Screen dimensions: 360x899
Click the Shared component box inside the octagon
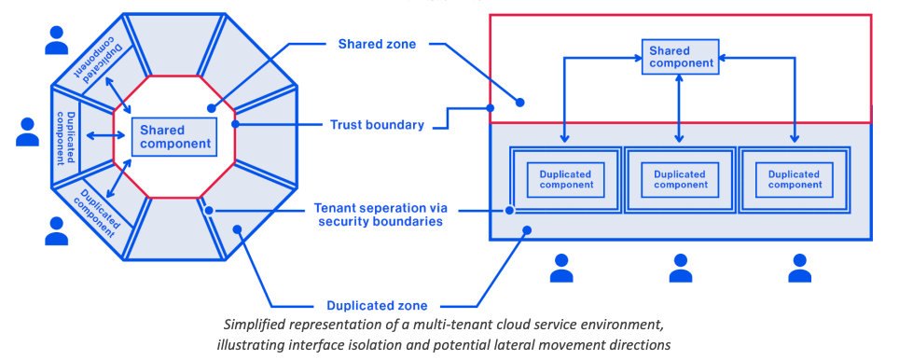point(173,137)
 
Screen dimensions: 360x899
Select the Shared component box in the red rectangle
point(680,57)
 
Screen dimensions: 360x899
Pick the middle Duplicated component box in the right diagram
point(680,178)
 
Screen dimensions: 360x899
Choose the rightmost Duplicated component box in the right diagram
point(795,178)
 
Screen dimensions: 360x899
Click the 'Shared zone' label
point(377,43)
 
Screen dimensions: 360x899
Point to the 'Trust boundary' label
point(378,124)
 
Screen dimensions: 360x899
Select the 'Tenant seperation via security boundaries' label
point(378,214)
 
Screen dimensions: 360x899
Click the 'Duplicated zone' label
point(377,305)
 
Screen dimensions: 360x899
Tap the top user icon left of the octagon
point(57,40)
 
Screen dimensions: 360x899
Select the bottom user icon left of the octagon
point(57,230)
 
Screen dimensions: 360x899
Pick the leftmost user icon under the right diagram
point(561,268)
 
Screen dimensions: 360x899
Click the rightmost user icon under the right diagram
point(799,268)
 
